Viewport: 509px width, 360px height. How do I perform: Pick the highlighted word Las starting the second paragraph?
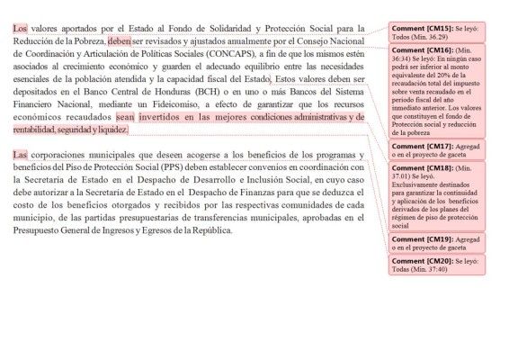20,154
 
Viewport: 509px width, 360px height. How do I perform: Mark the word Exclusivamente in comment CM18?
416,186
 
